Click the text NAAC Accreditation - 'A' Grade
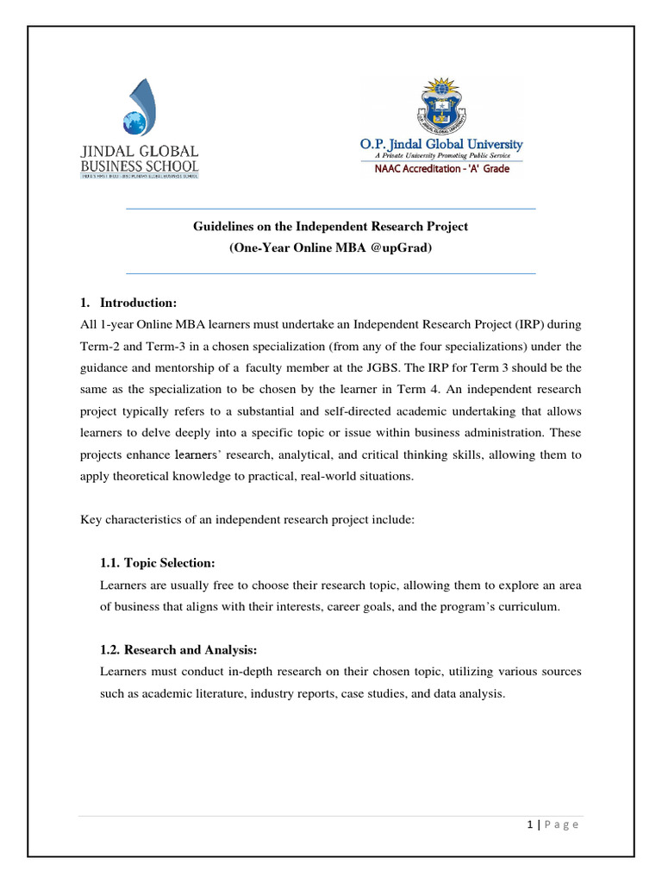coord(441,169)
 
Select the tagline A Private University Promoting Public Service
coord(441,156)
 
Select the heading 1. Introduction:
coord(128,303)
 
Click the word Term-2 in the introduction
coord(102,346)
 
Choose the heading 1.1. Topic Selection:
coord(158,563)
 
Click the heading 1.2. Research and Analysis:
coord(179,649)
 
